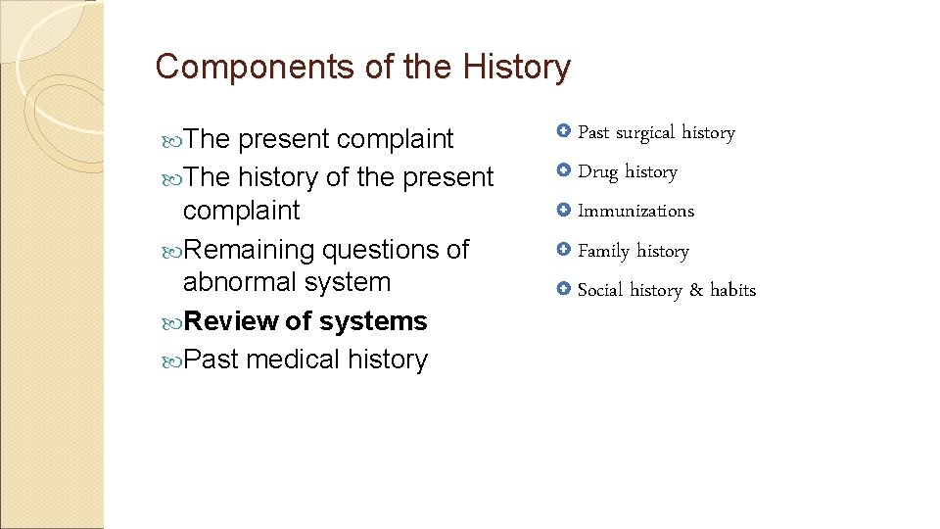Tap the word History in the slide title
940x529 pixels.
coord(517,68)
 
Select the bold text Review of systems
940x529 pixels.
coord(305,321)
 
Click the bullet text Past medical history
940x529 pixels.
coord(305,361)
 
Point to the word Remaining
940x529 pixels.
coord(249,250)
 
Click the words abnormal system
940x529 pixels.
coord(286,282)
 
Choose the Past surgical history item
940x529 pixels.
coord(656,132)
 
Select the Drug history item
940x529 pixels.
coord(628,171)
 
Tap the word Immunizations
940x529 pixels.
coord(635,211)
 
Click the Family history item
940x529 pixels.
coord(634,251)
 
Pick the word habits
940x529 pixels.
coord(732,290)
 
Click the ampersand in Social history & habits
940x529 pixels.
coord(696,290)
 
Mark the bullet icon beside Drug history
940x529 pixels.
coord(563,170)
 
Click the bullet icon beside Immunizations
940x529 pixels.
coord(563,210)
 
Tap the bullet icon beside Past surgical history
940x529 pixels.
coord(563,131)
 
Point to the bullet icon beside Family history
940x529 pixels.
coord(563,250)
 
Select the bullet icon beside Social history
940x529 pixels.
coord(563,289)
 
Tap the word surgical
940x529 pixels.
coord(645,132)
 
